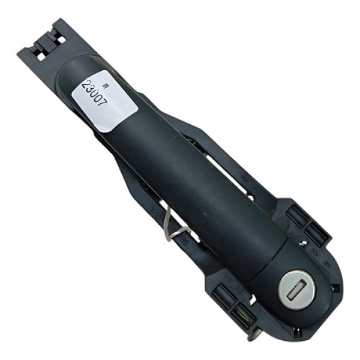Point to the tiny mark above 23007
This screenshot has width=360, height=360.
[x=107, y=79]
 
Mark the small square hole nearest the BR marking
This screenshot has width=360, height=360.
[x=335, y=287]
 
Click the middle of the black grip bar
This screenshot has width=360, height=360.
[x=186, y=174]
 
